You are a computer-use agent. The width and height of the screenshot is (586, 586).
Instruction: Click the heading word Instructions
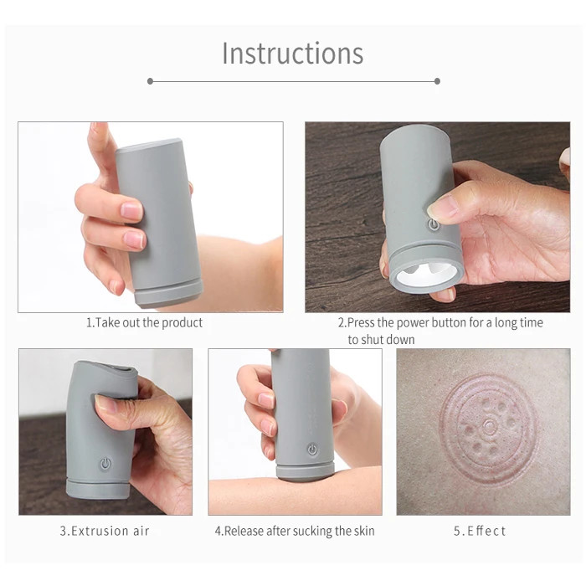293,53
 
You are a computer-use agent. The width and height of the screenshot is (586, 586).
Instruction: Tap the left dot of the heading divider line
150,81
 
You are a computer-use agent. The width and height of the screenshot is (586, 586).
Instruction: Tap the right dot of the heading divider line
437,81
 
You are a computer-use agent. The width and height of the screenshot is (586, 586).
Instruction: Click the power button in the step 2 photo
433,224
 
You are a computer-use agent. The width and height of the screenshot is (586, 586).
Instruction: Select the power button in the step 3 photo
105,464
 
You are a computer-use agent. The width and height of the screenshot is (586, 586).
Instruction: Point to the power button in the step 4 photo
312,450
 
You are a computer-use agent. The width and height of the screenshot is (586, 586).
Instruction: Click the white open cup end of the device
425,274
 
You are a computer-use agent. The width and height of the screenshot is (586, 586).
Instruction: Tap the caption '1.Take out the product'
144,322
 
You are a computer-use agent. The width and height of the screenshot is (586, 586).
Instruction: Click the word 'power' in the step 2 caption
411,322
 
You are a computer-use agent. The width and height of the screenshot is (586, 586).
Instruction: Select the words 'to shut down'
381,340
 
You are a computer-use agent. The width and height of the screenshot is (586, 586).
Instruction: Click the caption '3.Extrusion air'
105,531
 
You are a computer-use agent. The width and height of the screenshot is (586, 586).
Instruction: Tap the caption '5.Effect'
480,531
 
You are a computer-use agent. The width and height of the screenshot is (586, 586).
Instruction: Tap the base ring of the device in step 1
169,293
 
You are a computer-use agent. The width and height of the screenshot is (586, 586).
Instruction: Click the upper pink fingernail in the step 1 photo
132,210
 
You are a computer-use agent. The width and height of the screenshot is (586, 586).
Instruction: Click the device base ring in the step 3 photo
99,489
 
